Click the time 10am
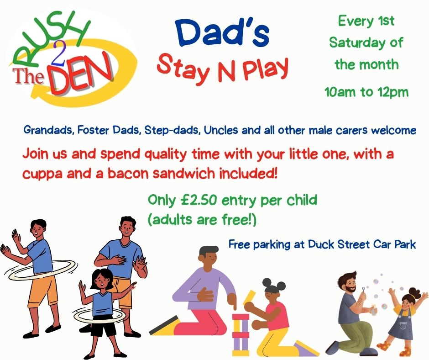pos(341,92)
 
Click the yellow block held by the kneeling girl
pos(249,297)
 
